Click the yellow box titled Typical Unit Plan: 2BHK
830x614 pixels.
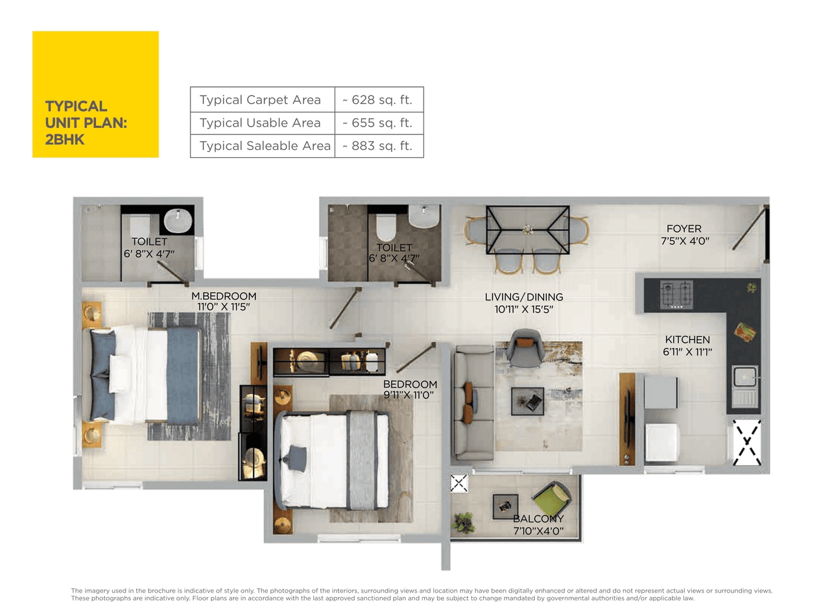[95, 94]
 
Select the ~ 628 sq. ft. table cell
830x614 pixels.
[379, 100]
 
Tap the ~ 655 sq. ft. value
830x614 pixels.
[379, 123]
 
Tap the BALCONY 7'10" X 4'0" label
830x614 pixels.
[538, 524]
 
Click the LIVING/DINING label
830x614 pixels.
[524, 302]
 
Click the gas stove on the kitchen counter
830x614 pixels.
[676, 295]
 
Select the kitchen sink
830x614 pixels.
[744, 386]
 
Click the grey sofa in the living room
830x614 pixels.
[473, 402]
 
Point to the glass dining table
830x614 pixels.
[527, 229]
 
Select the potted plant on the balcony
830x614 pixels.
[464, 522]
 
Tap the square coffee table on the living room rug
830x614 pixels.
[527, 401]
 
